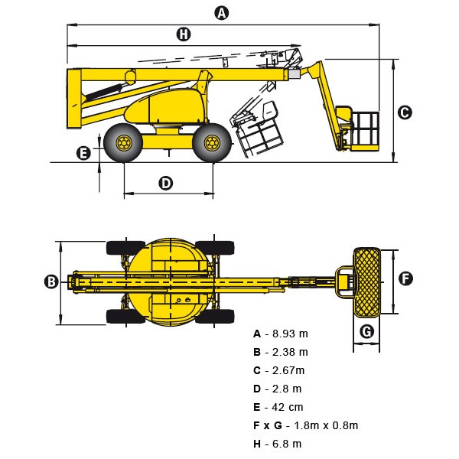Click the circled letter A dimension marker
click(222, 12)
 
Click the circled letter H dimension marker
click(183, 34)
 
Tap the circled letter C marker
click(405, 112)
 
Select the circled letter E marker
click(84, 153)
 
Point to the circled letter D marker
click(166, 183)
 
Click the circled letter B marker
click(51, 282)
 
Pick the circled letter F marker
click(406, 278)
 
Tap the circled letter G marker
click(366, 331)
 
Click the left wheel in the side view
click(123, 142)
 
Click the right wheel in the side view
click(212, 142)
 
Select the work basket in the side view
click(360, 129)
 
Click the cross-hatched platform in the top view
click(366, 282)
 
